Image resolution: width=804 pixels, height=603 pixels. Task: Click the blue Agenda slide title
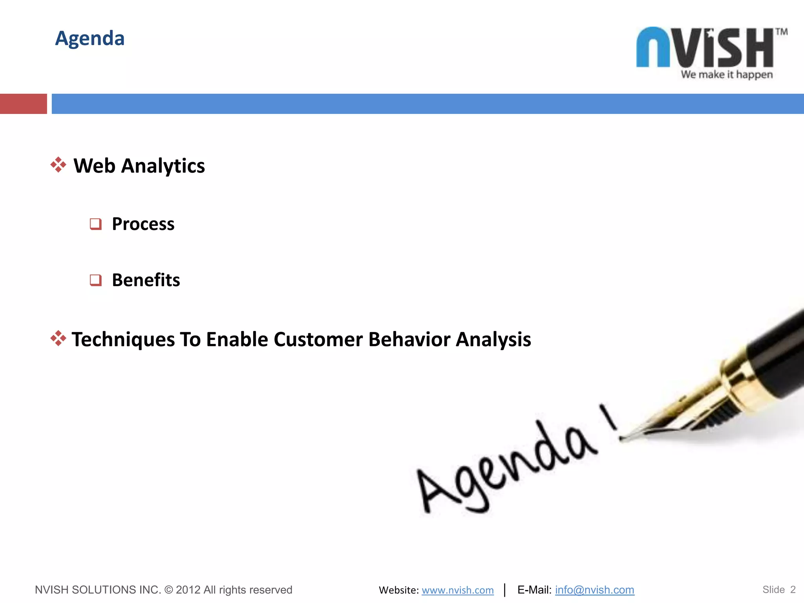[90, 38]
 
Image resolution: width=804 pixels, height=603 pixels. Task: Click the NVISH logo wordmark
[705, 48]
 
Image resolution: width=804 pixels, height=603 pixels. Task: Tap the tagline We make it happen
[727, 75]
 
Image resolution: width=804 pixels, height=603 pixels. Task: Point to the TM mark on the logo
[781, 32]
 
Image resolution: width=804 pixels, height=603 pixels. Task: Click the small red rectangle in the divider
[23, 104]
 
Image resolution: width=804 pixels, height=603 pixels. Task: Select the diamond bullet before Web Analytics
[58, 165]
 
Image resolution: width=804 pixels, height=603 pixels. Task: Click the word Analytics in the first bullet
[163, 166]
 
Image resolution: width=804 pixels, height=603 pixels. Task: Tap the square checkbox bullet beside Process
[95, 224]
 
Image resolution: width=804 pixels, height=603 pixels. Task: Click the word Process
[143, 224]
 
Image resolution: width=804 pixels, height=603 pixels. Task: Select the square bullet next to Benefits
[95, 280]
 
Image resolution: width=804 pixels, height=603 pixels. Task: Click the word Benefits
[146, 280]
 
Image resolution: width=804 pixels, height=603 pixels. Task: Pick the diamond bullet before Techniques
[58, 338]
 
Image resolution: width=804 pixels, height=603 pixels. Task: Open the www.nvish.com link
[457, 590]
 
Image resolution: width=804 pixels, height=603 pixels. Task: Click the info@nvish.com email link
[594, 590]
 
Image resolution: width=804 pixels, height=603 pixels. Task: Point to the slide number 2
[793, 590]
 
